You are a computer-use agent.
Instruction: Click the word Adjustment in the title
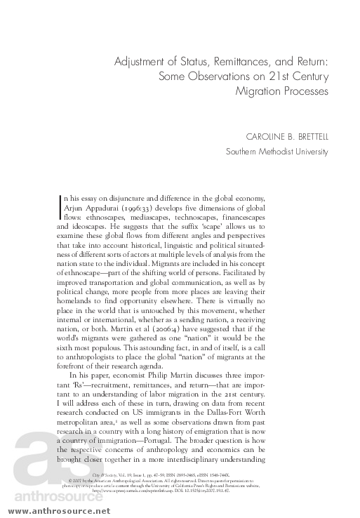coord(142,62)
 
